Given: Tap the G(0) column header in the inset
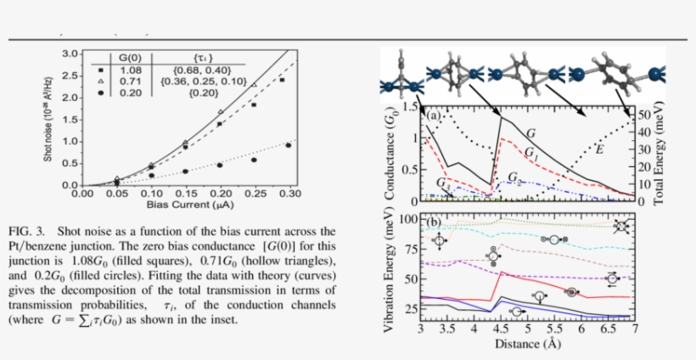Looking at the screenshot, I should tap(129, 58).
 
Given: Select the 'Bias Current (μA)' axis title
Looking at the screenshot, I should tap(181, 205).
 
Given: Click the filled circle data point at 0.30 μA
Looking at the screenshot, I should tap(288, 145).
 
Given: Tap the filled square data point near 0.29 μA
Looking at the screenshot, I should tap(282, 80).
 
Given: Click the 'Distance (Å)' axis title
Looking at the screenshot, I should tap(528, 344).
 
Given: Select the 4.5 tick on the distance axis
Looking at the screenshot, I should tap(501, 329).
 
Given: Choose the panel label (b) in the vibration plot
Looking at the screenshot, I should tap(434, 222).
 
